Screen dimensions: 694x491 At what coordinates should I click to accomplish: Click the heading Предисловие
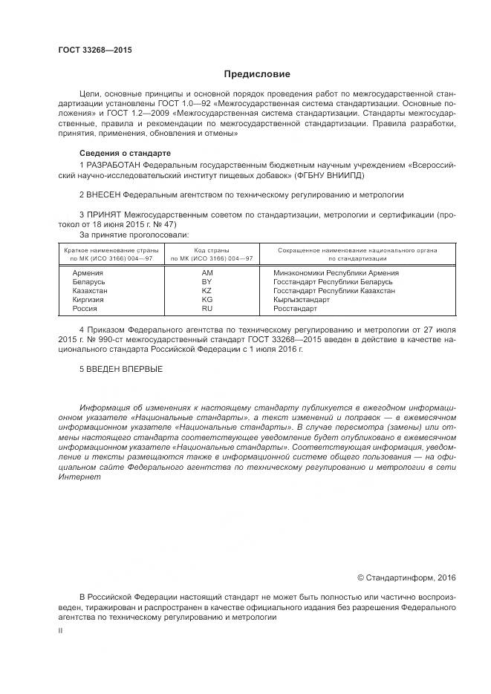coord(257,74)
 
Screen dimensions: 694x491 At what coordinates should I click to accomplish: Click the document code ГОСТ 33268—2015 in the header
coord(89,50)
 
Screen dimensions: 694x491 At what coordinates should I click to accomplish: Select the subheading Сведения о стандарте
coord(120,152)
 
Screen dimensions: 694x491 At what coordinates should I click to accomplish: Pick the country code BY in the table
coord(207,282)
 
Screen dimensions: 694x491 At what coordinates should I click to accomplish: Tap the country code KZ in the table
coord(207,290)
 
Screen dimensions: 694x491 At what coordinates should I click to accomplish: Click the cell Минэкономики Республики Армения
coord(326,273)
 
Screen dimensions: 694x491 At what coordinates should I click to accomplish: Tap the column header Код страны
coord(211,251)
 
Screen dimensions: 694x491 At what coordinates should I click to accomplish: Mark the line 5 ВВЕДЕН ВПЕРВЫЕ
coord(120,369)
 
